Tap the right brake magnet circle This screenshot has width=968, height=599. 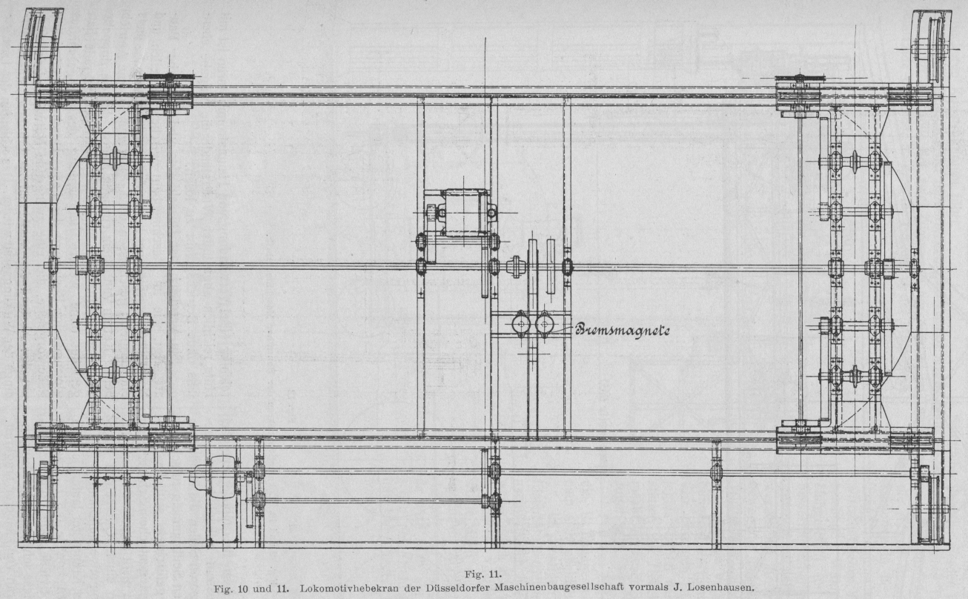pos(545,324)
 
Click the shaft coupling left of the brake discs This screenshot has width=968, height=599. pos(514,266)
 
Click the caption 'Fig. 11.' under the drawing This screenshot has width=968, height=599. pos(483,573)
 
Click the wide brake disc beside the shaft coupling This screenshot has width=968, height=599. pos(532,268)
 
